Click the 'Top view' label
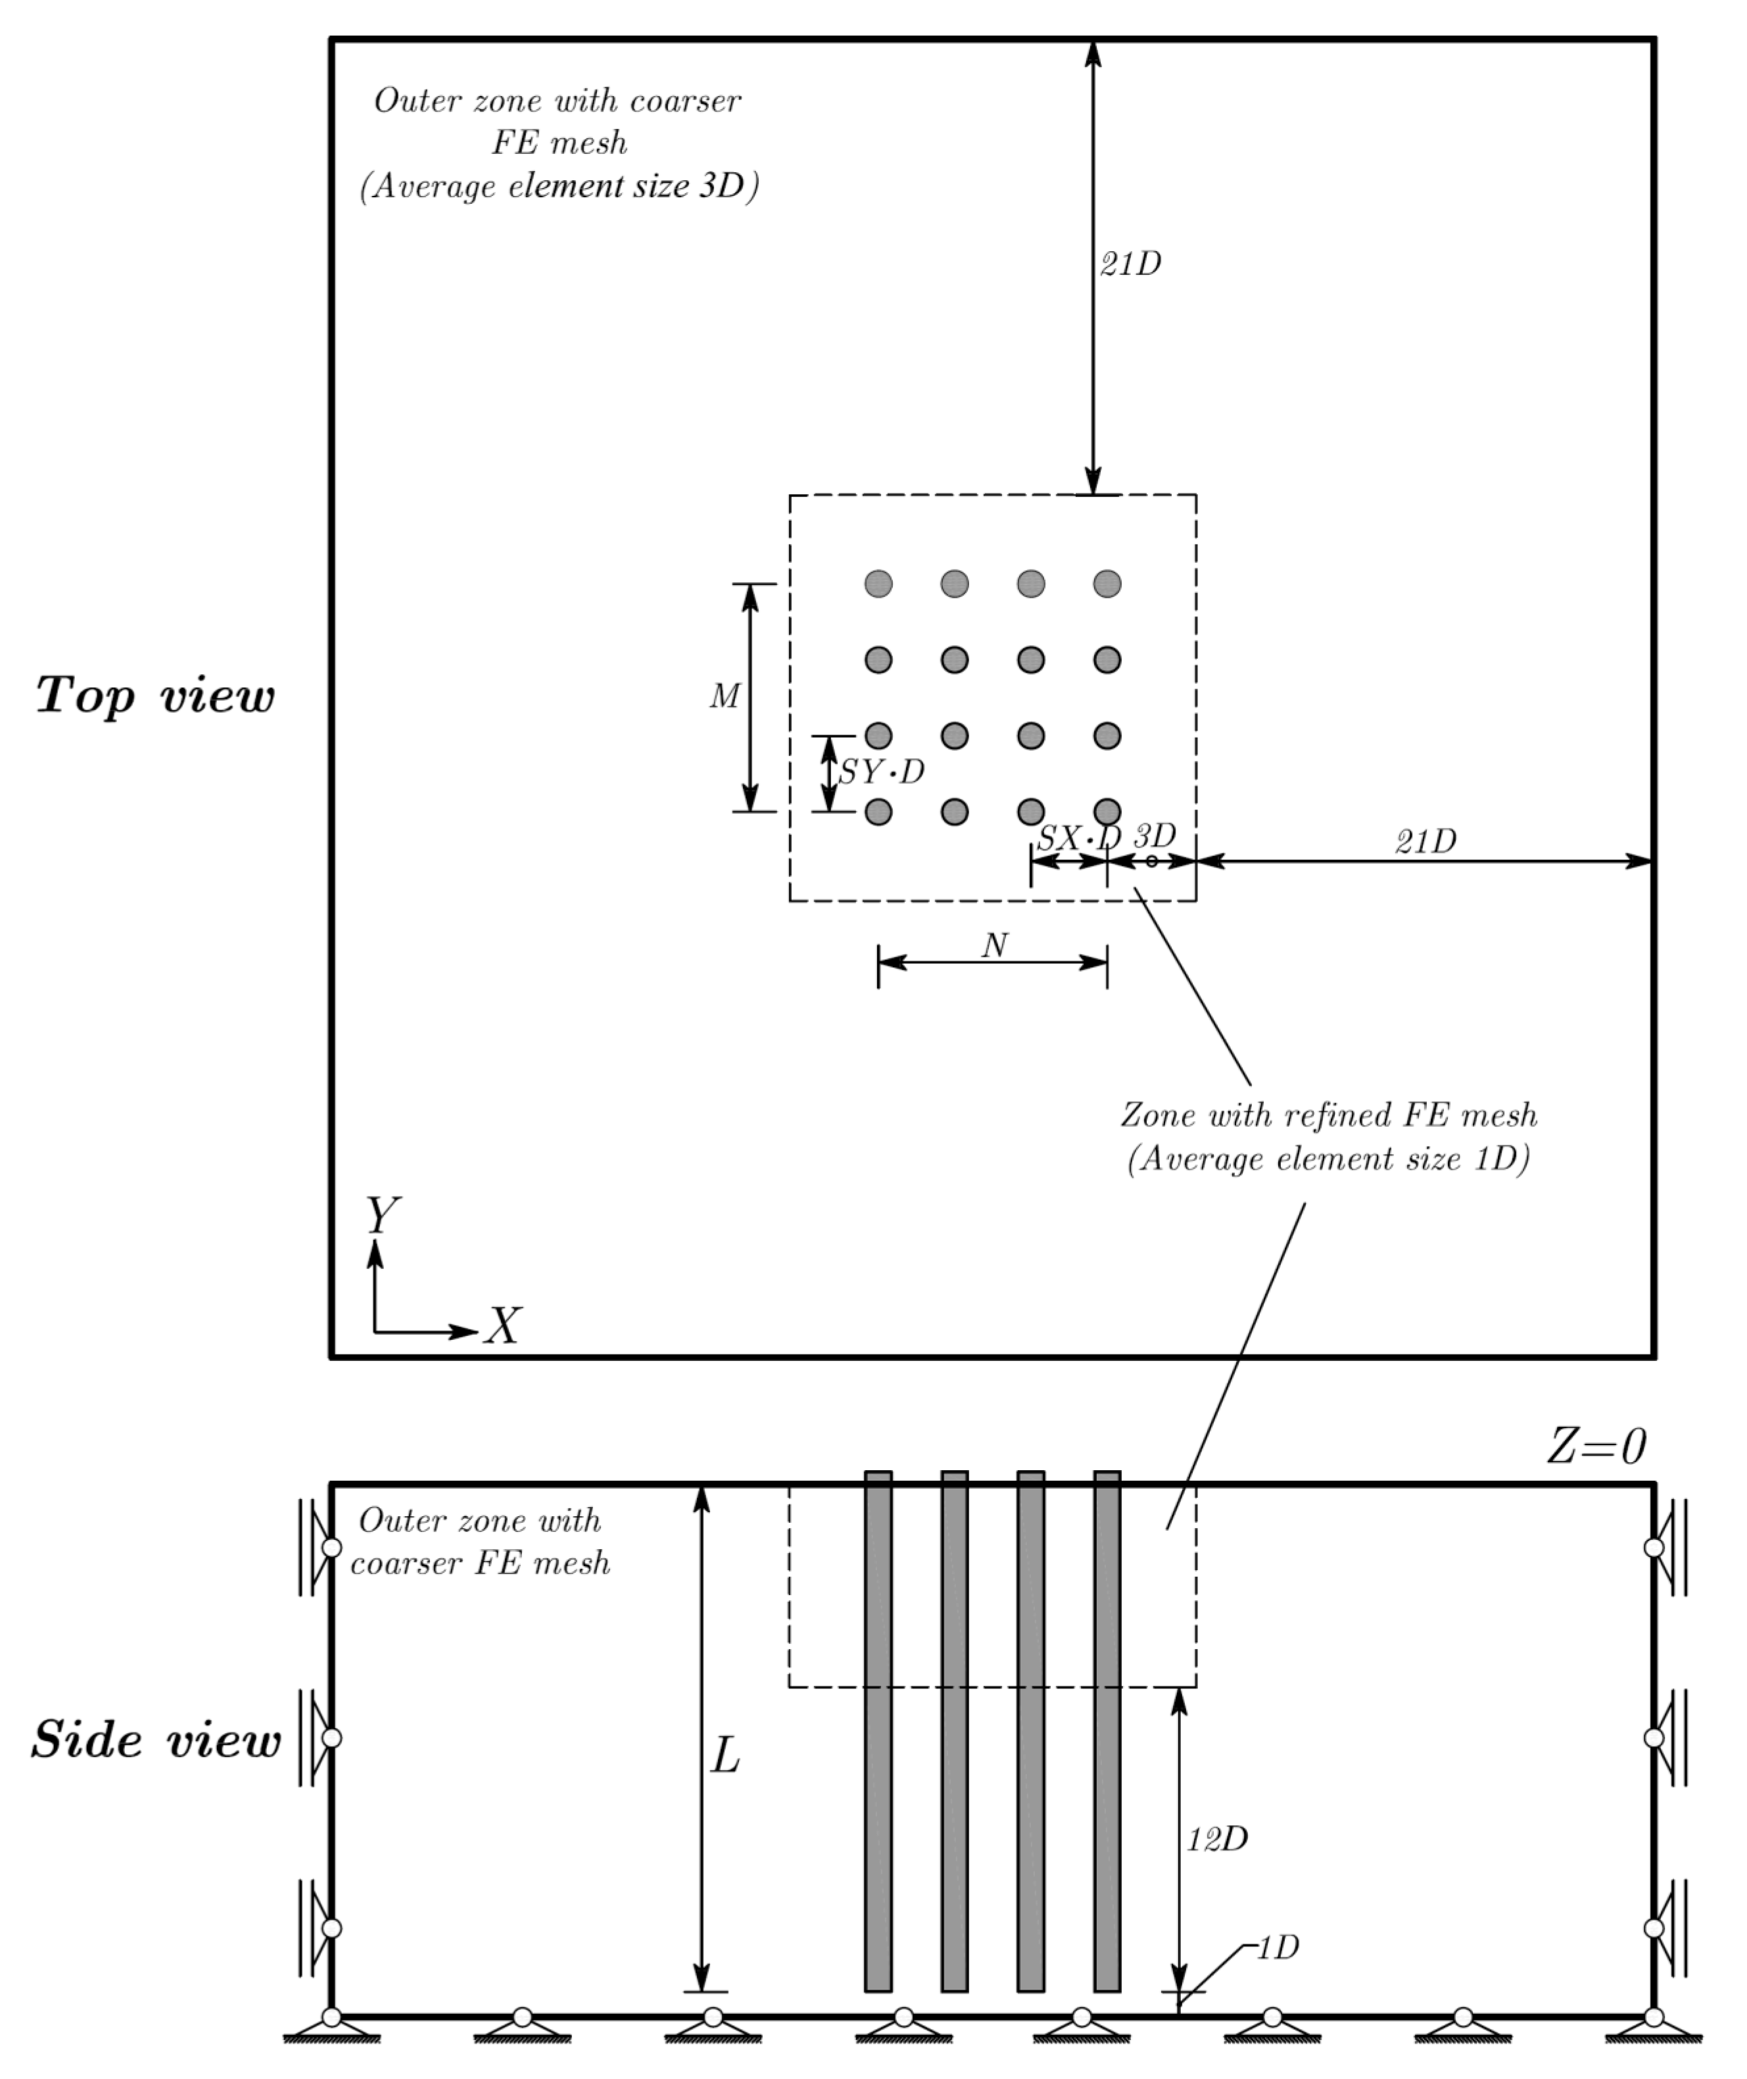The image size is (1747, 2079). click(x=155, y=696)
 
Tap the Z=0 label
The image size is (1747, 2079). click(x=1596, y=1447)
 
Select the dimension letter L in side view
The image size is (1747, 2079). click(x=726, y=1757)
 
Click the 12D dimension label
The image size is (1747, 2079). click(x=1217, y=1838)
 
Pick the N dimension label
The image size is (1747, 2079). click(x=994, y=946)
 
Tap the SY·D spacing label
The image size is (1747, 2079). click(x=882, y=772)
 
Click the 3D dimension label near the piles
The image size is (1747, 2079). click(x=1155, y=835)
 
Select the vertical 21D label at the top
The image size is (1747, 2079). click(x=1130, y=264)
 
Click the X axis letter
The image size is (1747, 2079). click(x=502, y=1326)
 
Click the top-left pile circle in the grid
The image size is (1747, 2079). click(x=878, y=583)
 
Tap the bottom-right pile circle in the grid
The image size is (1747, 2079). click(x=1107, y=812)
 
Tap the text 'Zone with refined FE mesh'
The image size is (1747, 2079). click(x=1328, y=1115)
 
